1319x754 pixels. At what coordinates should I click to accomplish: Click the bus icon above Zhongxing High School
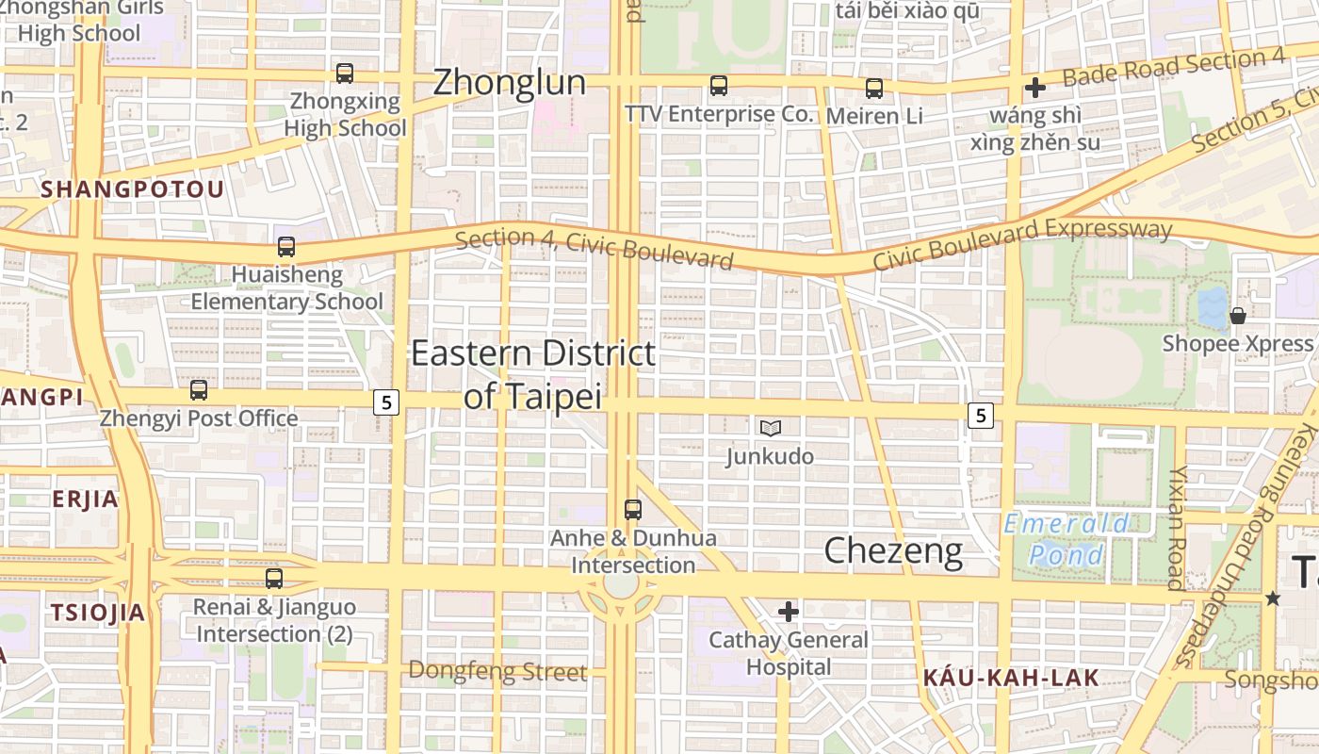click(x=345, y=73)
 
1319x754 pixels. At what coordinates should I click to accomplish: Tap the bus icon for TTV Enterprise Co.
click(x=719, y=86)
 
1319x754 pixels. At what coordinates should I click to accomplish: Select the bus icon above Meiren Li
click(x=874, y=89)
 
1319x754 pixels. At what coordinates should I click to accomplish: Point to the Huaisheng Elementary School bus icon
click(x=286, y=247)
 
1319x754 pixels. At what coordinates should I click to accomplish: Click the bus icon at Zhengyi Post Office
click(x=199, y=389)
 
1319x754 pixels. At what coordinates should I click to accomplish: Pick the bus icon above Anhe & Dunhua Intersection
click(x=633, y=510)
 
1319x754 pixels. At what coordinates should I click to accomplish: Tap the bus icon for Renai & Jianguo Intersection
click(x=274, y=578)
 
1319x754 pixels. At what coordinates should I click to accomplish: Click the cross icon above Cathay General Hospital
click(x=789, y=612)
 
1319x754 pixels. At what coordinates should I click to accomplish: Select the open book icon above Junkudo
click(x=771, y=429)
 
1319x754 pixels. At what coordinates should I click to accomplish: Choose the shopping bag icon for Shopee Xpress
click(x=1238, y=316)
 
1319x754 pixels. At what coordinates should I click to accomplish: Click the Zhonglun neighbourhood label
click(x=509, y=83)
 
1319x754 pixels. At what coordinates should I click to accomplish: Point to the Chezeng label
click(x=893, y=551)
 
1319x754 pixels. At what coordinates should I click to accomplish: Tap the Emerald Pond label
click(x=1066, y=539)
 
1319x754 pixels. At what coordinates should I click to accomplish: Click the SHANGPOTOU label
click(x=133, y=189)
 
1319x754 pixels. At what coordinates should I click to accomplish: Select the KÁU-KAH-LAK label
click(x=1011, y=677)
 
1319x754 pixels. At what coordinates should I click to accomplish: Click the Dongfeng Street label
click(x=497, y=671)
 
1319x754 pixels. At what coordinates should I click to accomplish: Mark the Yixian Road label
click(x=1176, y=528)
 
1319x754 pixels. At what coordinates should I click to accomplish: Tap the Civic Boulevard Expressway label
click(x=1022, y=242)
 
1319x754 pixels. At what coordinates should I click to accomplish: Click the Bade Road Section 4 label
click(x=1174, y=68)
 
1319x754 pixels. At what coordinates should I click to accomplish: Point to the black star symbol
click(x=1274, y=598)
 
